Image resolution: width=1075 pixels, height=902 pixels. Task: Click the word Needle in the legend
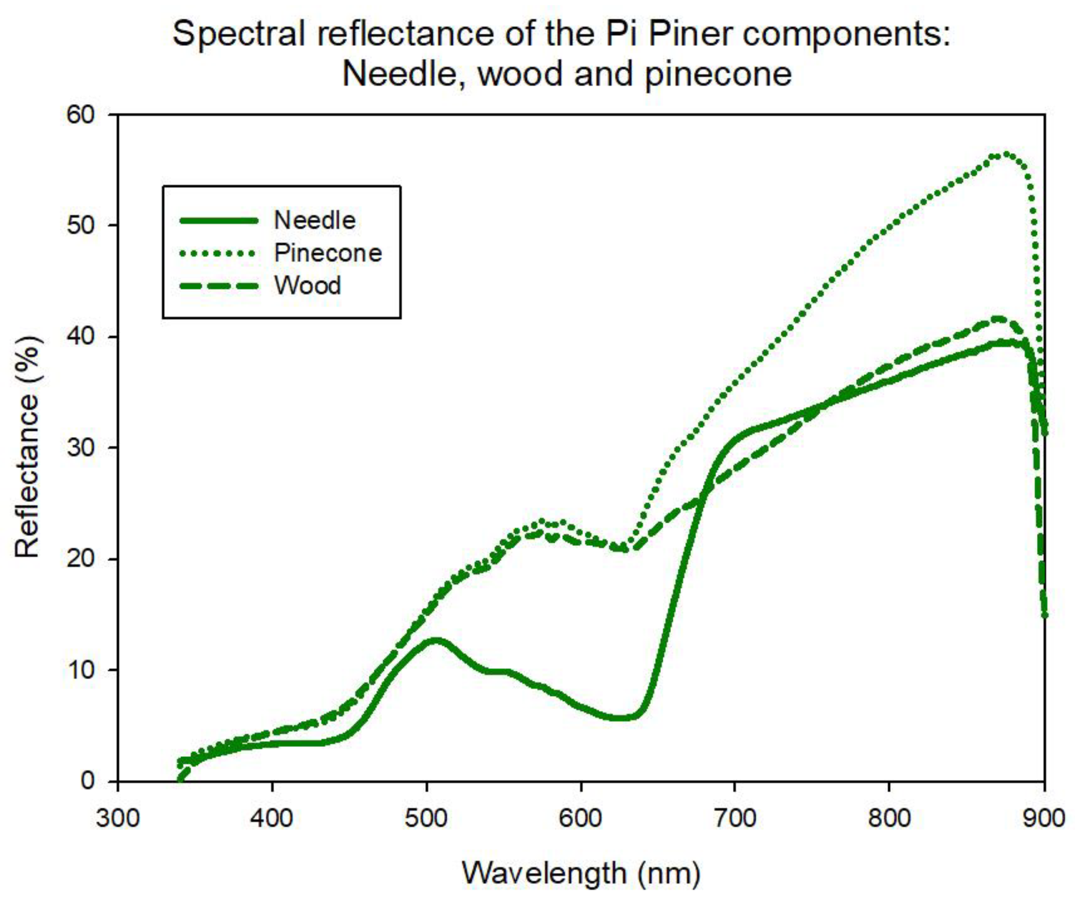(x=314, y=220)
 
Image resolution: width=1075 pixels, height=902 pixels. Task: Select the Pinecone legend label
(x=328, y=253)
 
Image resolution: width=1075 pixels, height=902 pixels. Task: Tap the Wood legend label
(x=307, y=285)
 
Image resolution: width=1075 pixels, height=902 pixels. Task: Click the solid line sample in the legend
(x=219, y=221)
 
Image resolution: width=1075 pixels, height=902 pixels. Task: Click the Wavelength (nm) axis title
(x=581, y=873)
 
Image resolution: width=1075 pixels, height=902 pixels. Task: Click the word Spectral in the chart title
(x=238, y=35)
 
